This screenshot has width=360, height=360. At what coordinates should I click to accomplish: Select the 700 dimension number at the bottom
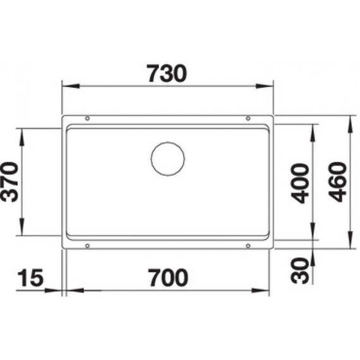tap(167, 277)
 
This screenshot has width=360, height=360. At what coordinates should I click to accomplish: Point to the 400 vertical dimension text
tap(301, 183)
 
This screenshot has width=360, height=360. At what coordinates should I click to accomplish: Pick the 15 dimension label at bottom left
tap(32, 277)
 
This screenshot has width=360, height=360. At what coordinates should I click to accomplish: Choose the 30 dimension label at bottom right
tap(302, 271)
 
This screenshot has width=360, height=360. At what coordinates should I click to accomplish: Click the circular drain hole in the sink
tap(167, 158)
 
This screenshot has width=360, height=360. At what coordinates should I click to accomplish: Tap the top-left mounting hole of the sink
tap(87, 118)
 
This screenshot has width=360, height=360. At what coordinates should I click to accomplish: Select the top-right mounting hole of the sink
tap(248, 118)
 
